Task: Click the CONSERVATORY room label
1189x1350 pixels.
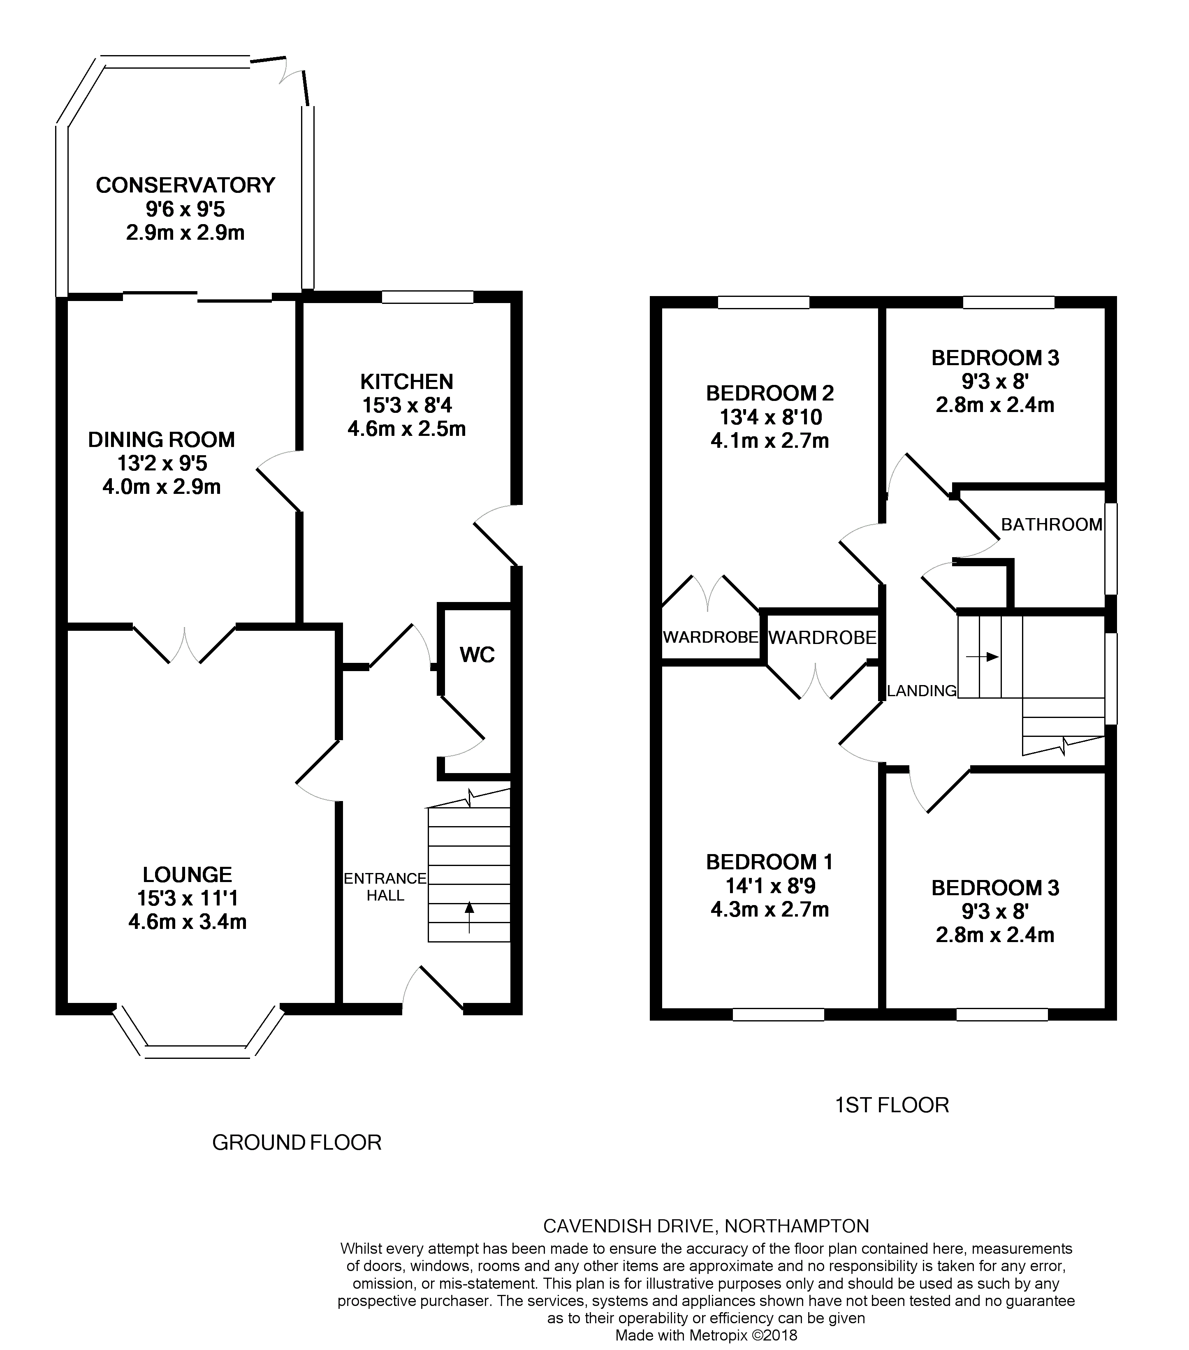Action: [x=185, y=185]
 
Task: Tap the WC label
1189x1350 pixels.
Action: [x=477, y=655]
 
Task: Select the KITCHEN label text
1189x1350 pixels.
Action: [x=407, y=381]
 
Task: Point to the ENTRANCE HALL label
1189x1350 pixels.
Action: [x=385, y=886]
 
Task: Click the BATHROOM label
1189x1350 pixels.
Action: [x=1052, y=524]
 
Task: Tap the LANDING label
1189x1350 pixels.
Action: [x=922, y=691]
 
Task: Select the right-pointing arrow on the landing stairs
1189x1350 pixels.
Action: [x=982, y=657]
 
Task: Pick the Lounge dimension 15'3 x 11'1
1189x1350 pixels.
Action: [x=187, y=898]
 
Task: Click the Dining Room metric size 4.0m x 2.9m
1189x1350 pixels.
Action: [x=162, y=487]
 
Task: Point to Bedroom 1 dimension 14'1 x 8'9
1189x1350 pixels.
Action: [x=770, y=886]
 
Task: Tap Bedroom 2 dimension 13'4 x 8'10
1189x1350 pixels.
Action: [x=770, y=417]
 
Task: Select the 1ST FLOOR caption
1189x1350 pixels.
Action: [x=892, y=1105]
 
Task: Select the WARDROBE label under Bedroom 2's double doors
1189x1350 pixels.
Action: [x=710, y=637]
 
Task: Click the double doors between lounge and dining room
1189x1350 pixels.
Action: [x=184, y=644]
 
